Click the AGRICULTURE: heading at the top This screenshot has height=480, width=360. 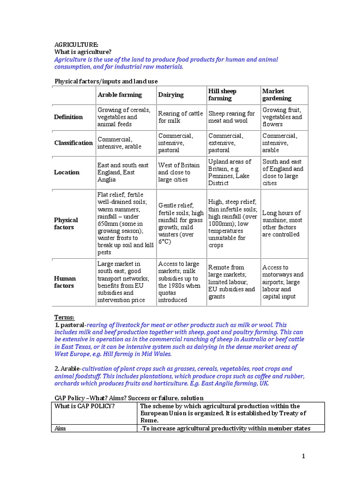pyautogui.click(x=76, y=45)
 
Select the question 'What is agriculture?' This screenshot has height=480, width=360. pyautogui.click(x=83, y=52)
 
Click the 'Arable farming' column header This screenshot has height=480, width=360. pyautogui.click(x=120, y=95)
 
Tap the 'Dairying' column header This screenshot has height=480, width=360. pyautogui.click(x=171, y=95)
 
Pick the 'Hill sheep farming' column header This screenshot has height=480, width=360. pyautogui.click(x=223, y=95)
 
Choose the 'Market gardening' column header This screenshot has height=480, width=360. pyautogui.click(x=277, y=95)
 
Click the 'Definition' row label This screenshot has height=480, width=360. pyautogui.click(x=68, y=117)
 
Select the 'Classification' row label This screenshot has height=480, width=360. pyautogui.click(x=74, y=143)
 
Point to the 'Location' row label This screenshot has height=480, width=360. pyautogui.click(x=67, y=172)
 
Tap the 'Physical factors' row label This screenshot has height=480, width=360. pyautogui.click(x=66, y=224)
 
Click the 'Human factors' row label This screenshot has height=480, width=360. pyautogui.click(x=65, y=282)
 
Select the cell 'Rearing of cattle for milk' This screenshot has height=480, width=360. pyautogui.click(x=180, y=117)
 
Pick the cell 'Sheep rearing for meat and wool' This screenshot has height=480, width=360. pyautogui.click(x=232, y=117)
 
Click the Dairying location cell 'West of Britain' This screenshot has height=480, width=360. pyautogui.click(x=179, y=172)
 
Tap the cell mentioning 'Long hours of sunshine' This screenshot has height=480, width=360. pyautogui.click(x=282, y=224)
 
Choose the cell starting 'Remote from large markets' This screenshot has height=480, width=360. pyautogui.click(x=232, y=282)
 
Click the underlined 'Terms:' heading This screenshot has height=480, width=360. pyautogui.click(x=64, y=317)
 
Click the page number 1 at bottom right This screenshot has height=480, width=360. pyautogui.click(x=304, y=457)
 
